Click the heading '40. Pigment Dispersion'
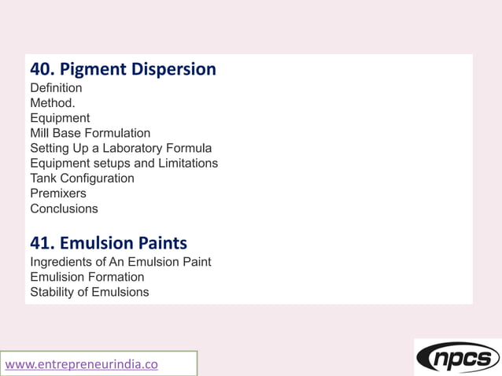click(123, 69)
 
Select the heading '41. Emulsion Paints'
click(109, 242)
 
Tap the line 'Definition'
click(56, 88)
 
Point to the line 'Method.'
click(53, 103)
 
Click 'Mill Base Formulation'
click(90, 133)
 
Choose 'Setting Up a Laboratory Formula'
click(121, 148)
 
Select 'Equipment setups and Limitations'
click(124, 163)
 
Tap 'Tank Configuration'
click(83, 179)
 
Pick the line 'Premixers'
click(58, 194)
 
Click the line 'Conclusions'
click(65, 208)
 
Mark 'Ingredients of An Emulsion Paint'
click(120, 261)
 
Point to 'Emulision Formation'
click(87, 277)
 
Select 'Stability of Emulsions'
click(90, 292)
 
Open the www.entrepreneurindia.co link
click(82, 364)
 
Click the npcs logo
click(457, 358)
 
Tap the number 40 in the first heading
click(40, 69)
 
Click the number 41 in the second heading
click(40, 242)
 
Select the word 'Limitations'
click(186, 163)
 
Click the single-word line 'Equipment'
click(60, 118)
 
